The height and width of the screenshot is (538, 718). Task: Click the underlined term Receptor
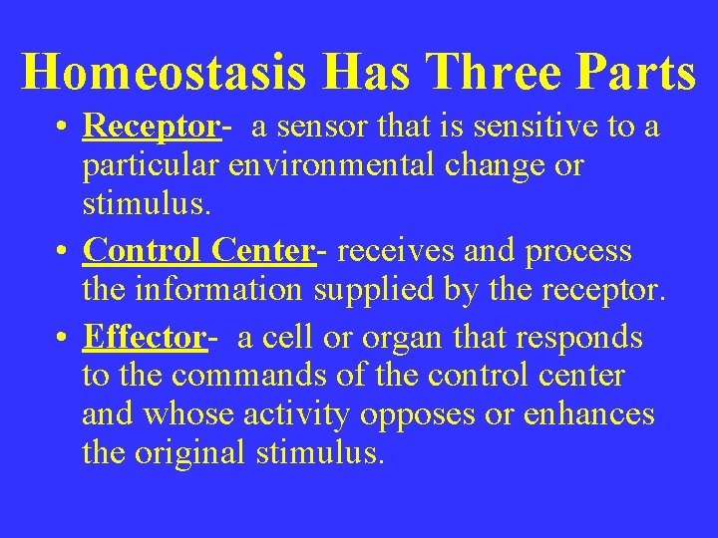(151, 128)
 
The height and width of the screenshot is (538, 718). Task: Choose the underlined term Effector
(145, 338)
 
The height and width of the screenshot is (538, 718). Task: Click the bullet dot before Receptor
(63, 130)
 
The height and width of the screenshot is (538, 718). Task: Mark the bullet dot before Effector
(63, 340)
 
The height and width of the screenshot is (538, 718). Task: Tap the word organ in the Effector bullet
(392, 338)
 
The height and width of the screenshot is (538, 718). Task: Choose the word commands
(244, 376)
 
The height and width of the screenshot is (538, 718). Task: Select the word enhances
(596, 413)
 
